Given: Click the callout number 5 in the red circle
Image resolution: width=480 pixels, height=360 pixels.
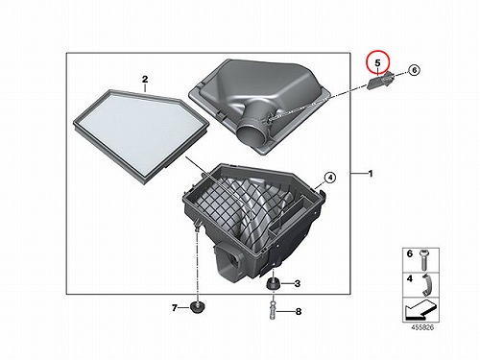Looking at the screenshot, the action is click(x=377, y=63).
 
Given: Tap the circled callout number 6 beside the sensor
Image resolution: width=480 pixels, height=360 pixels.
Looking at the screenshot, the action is click(x=414, y=70).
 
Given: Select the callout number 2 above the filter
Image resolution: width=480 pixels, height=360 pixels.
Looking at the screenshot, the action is click(x=145, y=80).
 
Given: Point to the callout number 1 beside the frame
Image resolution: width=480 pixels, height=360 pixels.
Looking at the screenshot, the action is click(x=371, y=174).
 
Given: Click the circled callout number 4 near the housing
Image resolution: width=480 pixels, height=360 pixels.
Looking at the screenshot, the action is click(x=330, y=177).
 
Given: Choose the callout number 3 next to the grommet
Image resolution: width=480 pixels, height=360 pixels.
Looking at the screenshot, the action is click(x=298, y=283).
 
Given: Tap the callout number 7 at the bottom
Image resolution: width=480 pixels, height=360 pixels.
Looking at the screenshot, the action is click(x=175, y=308).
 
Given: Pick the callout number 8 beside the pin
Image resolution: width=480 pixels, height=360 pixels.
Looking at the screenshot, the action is click(x=299, y=311).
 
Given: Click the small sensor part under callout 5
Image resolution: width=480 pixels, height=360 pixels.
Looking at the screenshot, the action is click(x=380, y=81).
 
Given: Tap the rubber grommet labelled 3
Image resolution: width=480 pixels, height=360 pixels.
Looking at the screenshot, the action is click(x=273, y=284).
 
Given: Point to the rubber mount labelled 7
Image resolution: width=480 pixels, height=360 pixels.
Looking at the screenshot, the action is click(x=198, y=306).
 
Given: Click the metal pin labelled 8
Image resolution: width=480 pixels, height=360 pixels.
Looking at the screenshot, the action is click(x=273, y=310).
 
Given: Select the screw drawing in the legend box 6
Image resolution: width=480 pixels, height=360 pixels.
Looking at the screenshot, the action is click(x=423, y=259).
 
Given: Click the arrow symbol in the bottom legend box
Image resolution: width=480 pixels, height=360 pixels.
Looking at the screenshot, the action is click(x=420, y=310).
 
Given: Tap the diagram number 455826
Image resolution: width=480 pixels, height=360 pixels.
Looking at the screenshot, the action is click(x=422, y=327).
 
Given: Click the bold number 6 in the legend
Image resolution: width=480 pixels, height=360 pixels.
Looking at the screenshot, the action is click(x=410, y=253).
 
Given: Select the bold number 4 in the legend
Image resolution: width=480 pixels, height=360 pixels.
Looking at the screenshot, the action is click(x=410, y=278).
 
